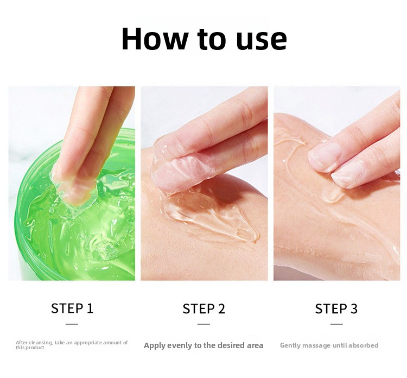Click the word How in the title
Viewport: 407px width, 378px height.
154,39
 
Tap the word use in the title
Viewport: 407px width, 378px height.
262,41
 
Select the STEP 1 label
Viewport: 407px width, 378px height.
72,308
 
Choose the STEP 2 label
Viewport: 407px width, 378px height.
203,308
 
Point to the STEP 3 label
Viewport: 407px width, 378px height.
336,308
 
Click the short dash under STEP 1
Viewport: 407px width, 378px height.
72,324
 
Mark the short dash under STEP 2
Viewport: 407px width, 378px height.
203,324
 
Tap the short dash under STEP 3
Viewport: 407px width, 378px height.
336,324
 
